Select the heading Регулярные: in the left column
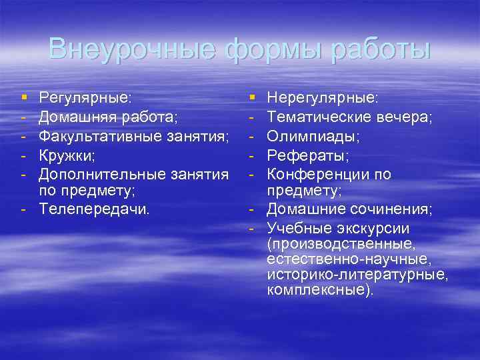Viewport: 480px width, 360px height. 85,98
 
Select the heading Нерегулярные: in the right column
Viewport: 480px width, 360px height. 323,98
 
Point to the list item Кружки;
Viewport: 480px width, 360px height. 67,155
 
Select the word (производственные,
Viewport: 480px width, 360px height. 341,244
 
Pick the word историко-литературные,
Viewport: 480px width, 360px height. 357,275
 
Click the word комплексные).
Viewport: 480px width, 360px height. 321,291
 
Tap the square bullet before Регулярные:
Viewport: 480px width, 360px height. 23,98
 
